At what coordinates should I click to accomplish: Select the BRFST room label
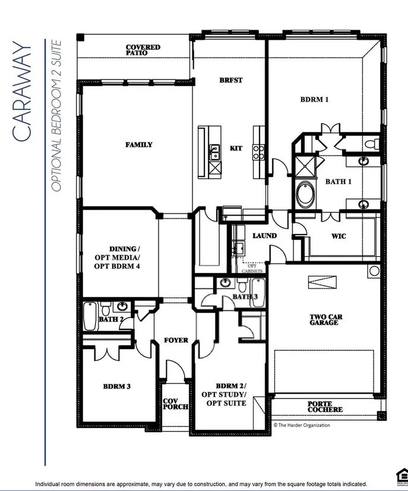(230, 80)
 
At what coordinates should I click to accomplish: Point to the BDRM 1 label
(314, 100)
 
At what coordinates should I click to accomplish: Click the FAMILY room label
(138, 144)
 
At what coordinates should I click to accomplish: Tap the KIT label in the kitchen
(236, 148)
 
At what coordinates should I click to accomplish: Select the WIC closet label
(339, 236)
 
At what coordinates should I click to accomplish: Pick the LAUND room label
(264, 236)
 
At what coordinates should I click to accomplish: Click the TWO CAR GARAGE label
(324, 319)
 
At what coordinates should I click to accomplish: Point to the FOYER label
(176, 340)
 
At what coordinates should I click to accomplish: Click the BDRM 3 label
(116, 387)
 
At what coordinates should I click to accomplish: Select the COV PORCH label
(175, 404)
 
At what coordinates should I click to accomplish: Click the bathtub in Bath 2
(90, 316)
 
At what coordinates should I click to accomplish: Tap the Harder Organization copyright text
(301, 425)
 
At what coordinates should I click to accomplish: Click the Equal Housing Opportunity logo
(400, 474)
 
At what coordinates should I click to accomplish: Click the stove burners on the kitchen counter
(259, 153)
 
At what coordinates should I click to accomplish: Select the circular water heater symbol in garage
(374, 271)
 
